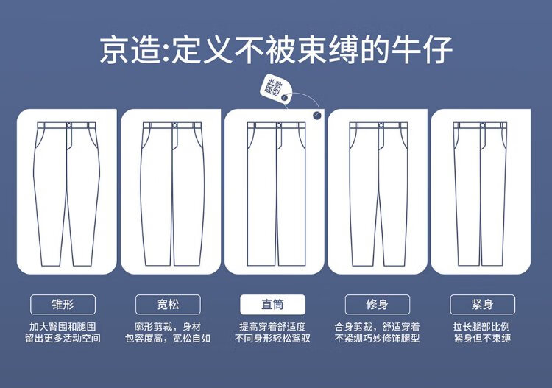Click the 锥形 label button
(x=63, y=305)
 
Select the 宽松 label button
(x=168, y=305)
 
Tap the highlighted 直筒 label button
(x=272, y=305)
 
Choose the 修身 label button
(x=378, y=305)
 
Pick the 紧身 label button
(x=482, y=305)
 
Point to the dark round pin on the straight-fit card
(x=316, y=115)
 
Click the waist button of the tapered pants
(x=69, y=125)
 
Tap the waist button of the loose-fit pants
(x=174, y=125)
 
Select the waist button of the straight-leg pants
(x=279, y=125)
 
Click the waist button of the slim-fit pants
(x=381, y=125)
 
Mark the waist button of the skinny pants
(x=483, y=125)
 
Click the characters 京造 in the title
(x=130, y=50)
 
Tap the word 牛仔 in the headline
(x=422, y=50)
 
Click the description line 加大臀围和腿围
(x=63, y=327)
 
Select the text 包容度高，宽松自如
(x=168, y=339)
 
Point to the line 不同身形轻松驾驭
(x=272, y=339)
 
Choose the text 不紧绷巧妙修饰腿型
(x=377, y=339)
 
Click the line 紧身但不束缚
(x=482, y=339)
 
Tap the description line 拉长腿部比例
(x=481, y=327)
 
